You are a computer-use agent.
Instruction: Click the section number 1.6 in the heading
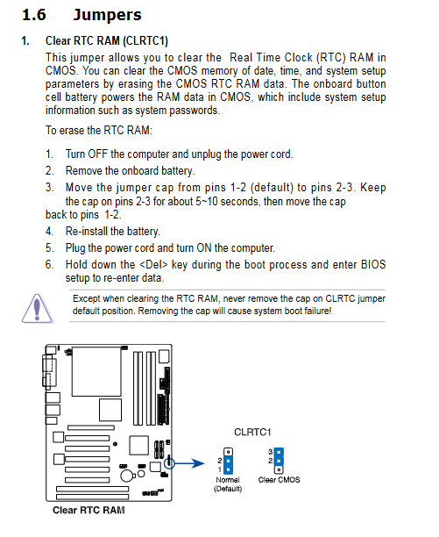click(x=34, y=15)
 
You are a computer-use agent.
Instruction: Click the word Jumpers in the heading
click(x=108, y=16)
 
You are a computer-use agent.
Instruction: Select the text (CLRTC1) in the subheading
click(x=145, y=41)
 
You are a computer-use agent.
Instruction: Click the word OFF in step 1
click(x=98, y=154)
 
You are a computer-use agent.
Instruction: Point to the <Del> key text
click(x=153, y=265)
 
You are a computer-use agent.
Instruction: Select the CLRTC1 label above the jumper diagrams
click(x=252, y=433)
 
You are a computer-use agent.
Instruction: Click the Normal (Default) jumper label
click(x=228, y=484)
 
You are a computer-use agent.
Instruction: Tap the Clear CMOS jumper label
click(x=279, y=480)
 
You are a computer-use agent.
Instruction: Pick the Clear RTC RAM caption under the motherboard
click(x=89, y=511)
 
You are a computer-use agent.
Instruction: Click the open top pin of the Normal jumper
click(x=228, y=452)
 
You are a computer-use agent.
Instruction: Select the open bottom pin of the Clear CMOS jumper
click(x=279, y=469)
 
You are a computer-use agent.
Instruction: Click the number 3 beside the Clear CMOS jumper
click(x=271, y=452)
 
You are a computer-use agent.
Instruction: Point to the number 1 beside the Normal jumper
click(x=219, y=469)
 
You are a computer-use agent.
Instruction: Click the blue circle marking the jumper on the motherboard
click(x=169, y=463)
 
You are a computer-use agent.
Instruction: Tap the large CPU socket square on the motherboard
click(x=96, y=371)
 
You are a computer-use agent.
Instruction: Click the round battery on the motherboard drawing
click(x=127, y=476)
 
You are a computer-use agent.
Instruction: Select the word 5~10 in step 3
click(x=207, y=202)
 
